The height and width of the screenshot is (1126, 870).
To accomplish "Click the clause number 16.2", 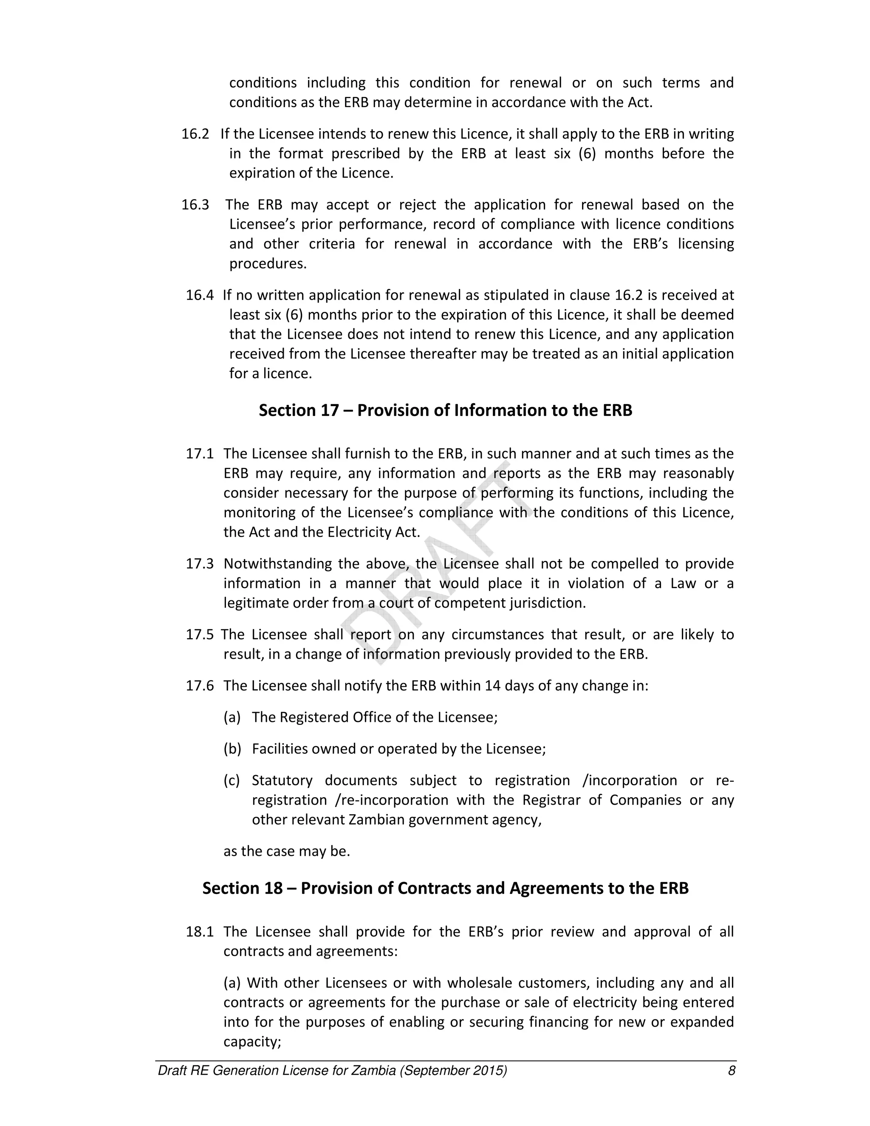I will click(x=195, y=134).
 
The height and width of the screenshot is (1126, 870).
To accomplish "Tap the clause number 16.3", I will click(x=195, y=205).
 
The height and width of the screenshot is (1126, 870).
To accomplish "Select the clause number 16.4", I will click(x=200, y=295).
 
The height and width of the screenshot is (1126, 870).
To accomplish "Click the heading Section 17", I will click(x=445, y=410).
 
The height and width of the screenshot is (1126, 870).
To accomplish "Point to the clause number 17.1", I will click(x=200, y=454).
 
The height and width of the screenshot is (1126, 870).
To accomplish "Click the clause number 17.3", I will click(x=200, y=563).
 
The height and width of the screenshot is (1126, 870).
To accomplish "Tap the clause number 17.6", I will click(x=200, y=686).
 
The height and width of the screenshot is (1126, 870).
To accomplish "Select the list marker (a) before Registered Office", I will click(x=232, y=717).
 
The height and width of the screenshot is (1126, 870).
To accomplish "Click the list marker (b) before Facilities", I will click(x=232, y=749).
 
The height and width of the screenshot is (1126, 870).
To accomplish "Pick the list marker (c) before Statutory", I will click(x=232, y=780).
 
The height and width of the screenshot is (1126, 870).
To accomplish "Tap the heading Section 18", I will click(x=445, y=888).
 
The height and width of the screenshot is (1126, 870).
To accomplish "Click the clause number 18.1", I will click(x=200, y=932).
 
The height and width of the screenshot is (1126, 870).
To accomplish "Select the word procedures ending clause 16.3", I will click(x=268, y=263).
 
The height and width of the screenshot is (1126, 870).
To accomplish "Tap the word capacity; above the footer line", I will click(x=252, y=1041).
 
